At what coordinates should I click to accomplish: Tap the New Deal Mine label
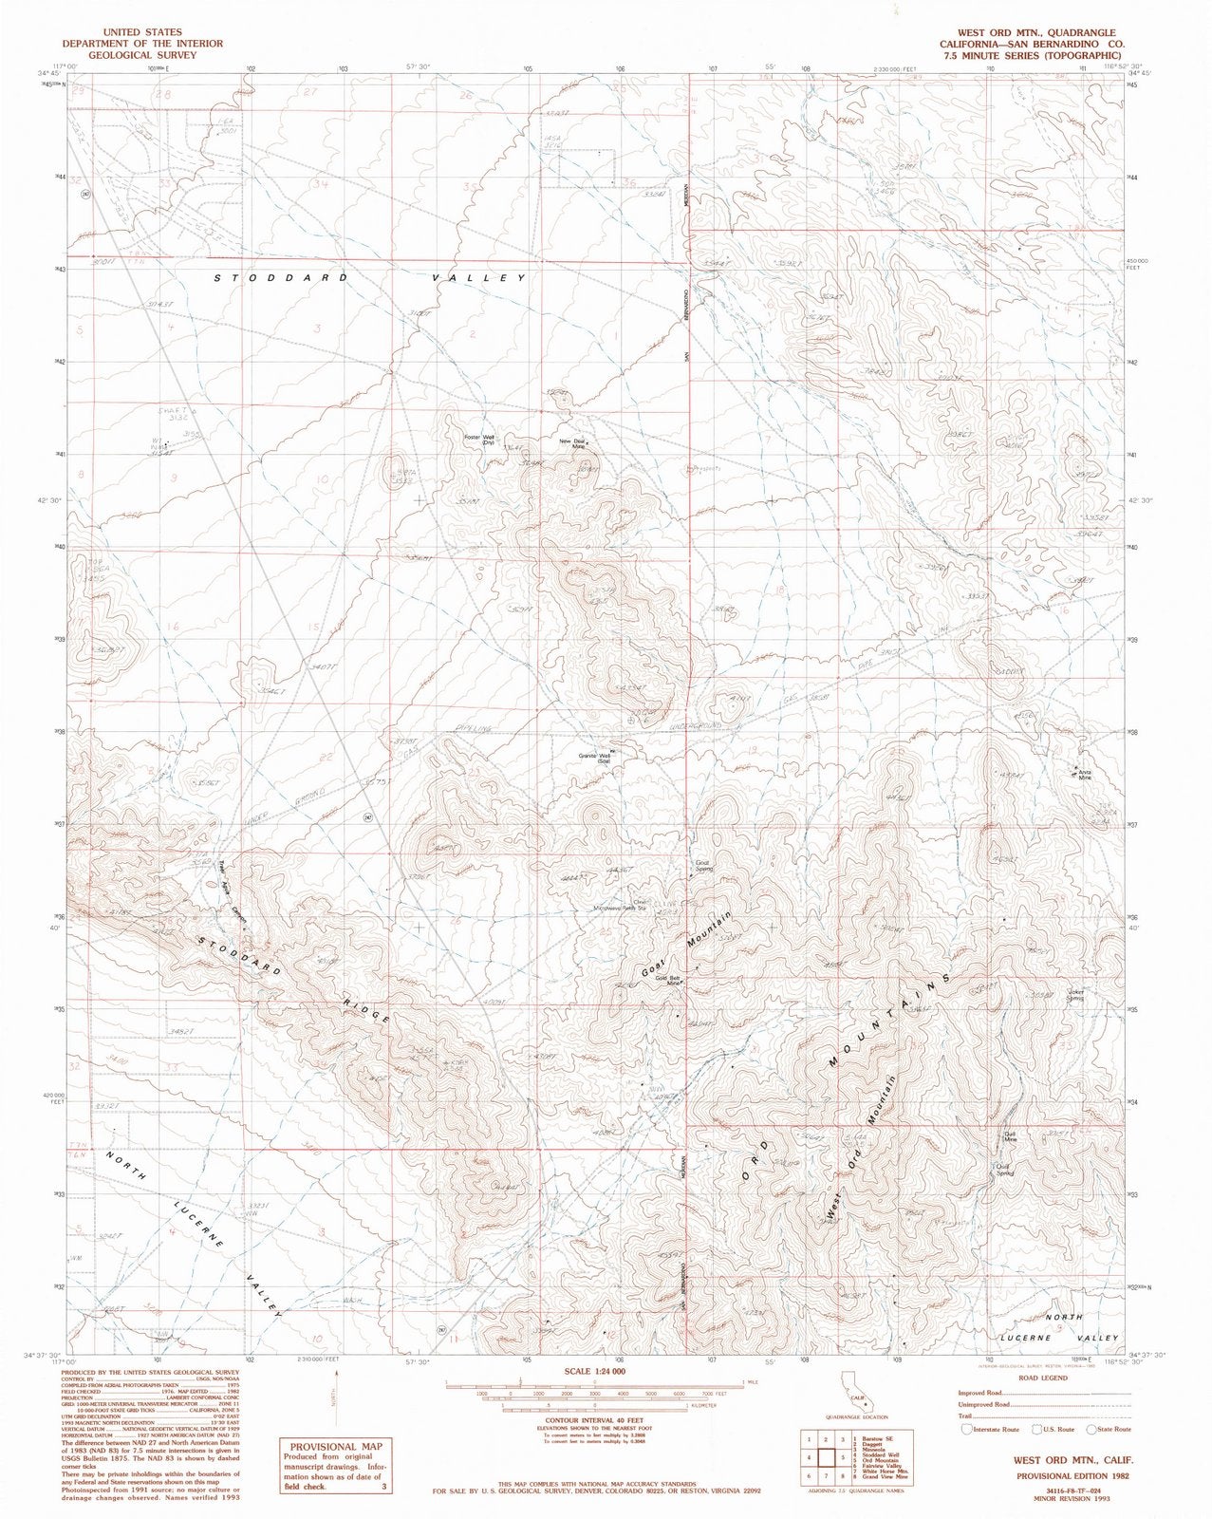(x=573, y=442)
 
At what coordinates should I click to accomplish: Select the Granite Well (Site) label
(x=593, y=759)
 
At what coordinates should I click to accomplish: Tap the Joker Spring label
(x=1075, y=995)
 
